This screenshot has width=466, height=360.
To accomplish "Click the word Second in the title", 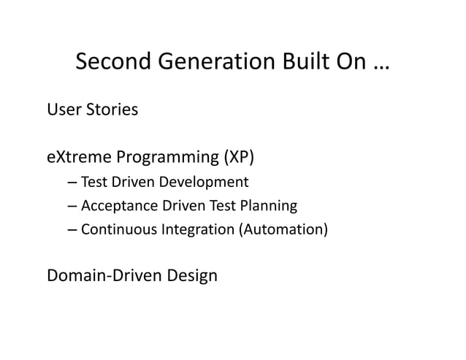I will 111,65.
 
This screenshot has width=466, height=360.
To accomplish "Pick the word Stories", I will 112,110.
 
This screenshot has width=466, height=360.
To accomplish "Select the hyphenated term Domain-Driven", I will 103,276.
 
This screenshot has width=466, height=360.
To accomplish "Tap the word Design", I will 191,277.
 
